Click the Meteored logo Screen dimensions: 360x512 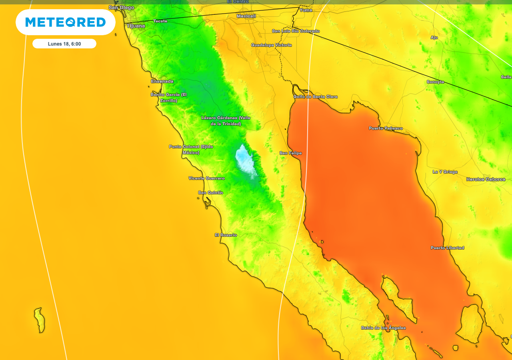[x=66, y=22]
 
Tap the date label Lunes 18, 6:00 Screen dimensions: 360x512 [x=64, y=44]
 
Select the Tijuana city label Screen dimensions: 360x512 [x=136, y=26]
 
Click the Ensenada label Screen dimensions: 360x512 [x=162, y=81]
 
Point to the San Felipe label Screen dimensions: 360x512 [x=290, y=153]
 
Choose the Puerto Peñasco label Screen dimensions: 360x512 [x=386, y=128]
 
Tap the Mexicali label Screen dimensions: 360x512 [x=246, y=16]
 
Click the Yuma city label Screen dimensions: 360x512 [x=306, y=10]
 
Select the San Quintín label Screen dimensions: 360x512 [x=210, y=193]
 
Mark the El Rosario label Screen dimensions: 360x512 [x=226, y=235]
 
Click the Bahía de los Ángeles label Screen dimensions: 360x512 [x=383, y=328]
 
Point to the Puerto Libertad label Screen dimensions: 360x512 [x=447, y=248]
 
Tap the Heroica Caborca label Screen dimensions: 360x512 [x=486, y=180]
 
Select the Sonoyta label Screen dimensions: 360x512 [x=435, y=82]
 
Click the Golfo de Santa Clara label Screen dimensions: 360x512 [x=315, y=97]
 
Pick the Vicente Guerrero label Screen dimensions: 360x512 [x=206, y=178]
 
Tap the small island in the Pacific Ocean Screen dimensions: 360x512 [x=39, y=320]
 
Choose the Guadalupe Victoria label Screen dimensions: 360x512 [x=271, y=45]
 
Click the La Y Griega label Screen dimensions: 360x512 [x=445, y=172]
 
